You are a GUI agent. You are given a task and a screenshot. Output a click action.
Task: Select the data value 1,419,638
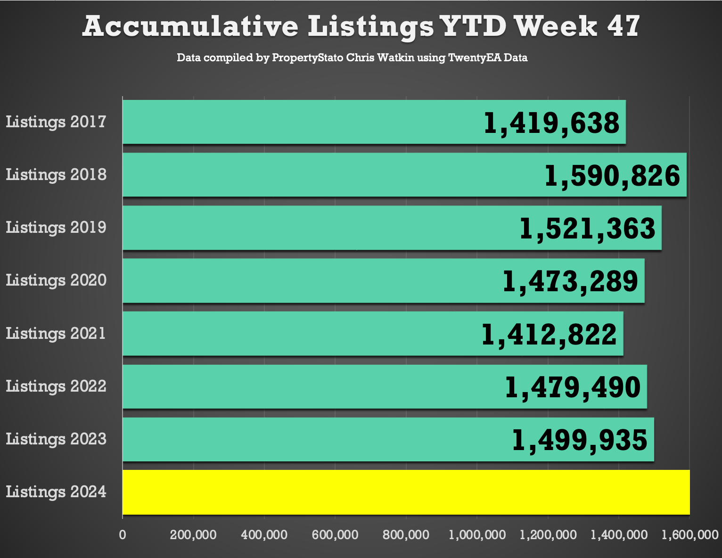[551, 123]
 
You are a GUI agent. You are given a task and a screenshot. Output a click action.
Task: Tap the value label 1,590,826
[612, 176]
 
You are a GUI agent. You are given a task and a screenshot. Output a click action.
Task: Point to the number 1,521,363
[587, 229]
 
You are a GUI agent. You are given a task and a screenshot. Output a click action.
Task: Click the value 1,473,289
[570, 281]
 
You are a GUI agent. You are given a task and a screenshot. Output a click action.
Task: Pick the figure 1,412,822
[549, 335]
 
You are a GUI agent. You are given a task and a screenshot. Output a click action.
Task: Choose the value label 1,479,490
[573, 387]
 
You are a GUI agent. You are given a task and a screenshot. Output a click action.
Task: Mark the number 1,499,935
[580, 440]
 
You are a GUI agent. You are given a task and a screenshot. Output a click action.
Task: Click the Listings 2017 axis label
[56, 122]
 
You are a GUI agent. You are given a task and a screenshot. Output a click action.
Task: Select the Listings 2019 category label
[56, 228]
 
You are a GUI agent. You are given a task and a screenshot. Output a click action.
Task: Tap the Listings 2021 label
[56, 334]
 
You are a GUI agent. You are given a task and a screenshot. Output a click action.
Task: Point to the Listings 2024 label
[56, 492]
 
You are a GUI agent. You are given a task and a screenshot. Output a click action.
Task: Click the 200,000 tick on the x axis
[193, 535]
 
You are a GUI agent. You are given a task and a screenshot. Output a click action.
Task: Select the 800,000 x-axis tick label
[406, 535]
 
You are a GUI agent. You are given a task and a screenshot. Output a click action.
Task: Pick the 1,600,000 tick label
[689, 535]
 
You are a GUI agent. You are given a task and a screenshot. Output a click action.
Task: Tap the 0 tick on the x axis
[123, 535]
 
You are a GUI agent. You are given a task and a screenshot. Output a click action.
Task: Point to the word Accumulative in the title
[190, 26]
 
